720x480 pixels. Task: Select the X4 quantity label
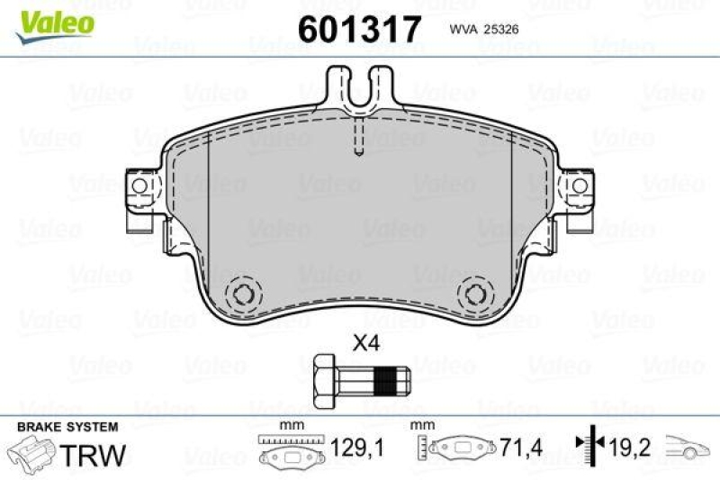364,342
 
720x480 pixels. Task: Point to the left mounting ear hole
139,186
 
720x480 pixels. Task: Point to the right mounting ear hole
580,186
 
